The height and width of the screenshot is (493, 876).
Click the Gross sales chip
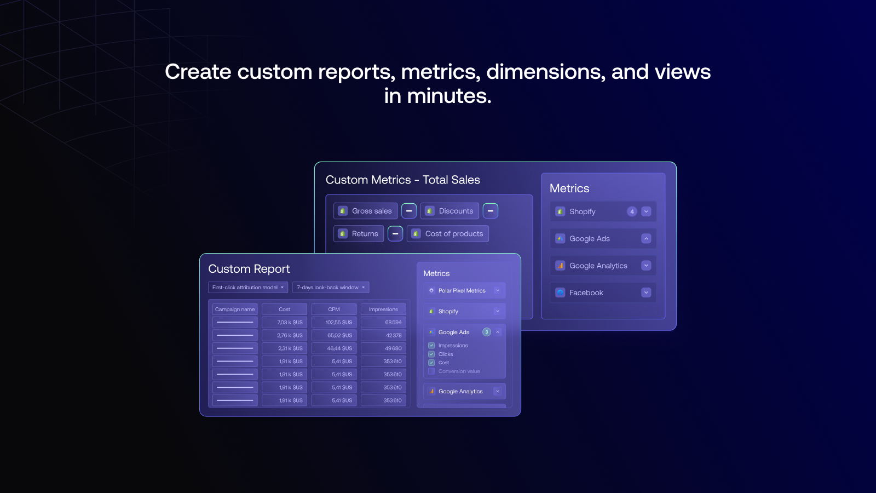(x=365, y=211)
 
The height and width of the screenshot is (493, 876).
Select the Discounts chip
(x=449, y=211)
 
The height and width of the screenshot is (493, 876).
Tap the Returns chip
(x=359, y=233)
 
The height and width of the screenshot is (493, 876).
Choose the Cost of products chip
(x=448, y=233)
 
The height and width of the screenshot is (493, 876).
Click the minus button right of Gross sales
(x=409, y=211)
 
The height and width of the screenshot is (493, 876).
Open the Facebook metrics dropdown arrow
(x=646, y=293)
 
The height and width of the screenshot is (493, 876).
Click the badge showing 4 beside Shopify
(x=632, y=211)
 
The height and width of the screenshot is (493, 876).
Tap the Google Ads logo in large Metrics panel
(x=560, y=239)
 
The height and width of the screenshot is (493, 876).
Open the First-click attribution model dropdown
(x=248, y=288)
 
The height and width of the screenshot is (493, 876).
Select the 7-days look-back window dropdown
(x=331, y=288)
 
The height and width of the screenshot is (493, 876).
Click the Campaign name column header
(x=235, y=309)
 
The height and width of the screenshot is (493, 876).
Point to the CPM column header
(x=334, y=309)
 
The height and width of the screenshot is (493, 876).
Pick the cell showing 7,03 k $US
(x=284, y=323)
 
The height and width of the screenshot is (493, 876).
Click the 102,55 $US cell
(x=334, y=323)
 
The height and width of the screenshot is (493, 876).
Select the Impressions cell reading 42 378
(x=383, y=335)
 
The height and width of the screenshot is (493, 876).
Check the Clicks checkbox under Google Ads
(x=431, y=354)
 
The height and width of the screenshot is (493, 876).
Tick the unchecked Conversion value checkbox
(x=431, y=371)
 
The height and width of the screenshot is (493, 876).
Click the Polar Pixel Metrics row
(x=465, y=291)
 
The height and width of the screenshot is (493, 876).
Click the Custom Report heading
(x=249, y=269)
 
